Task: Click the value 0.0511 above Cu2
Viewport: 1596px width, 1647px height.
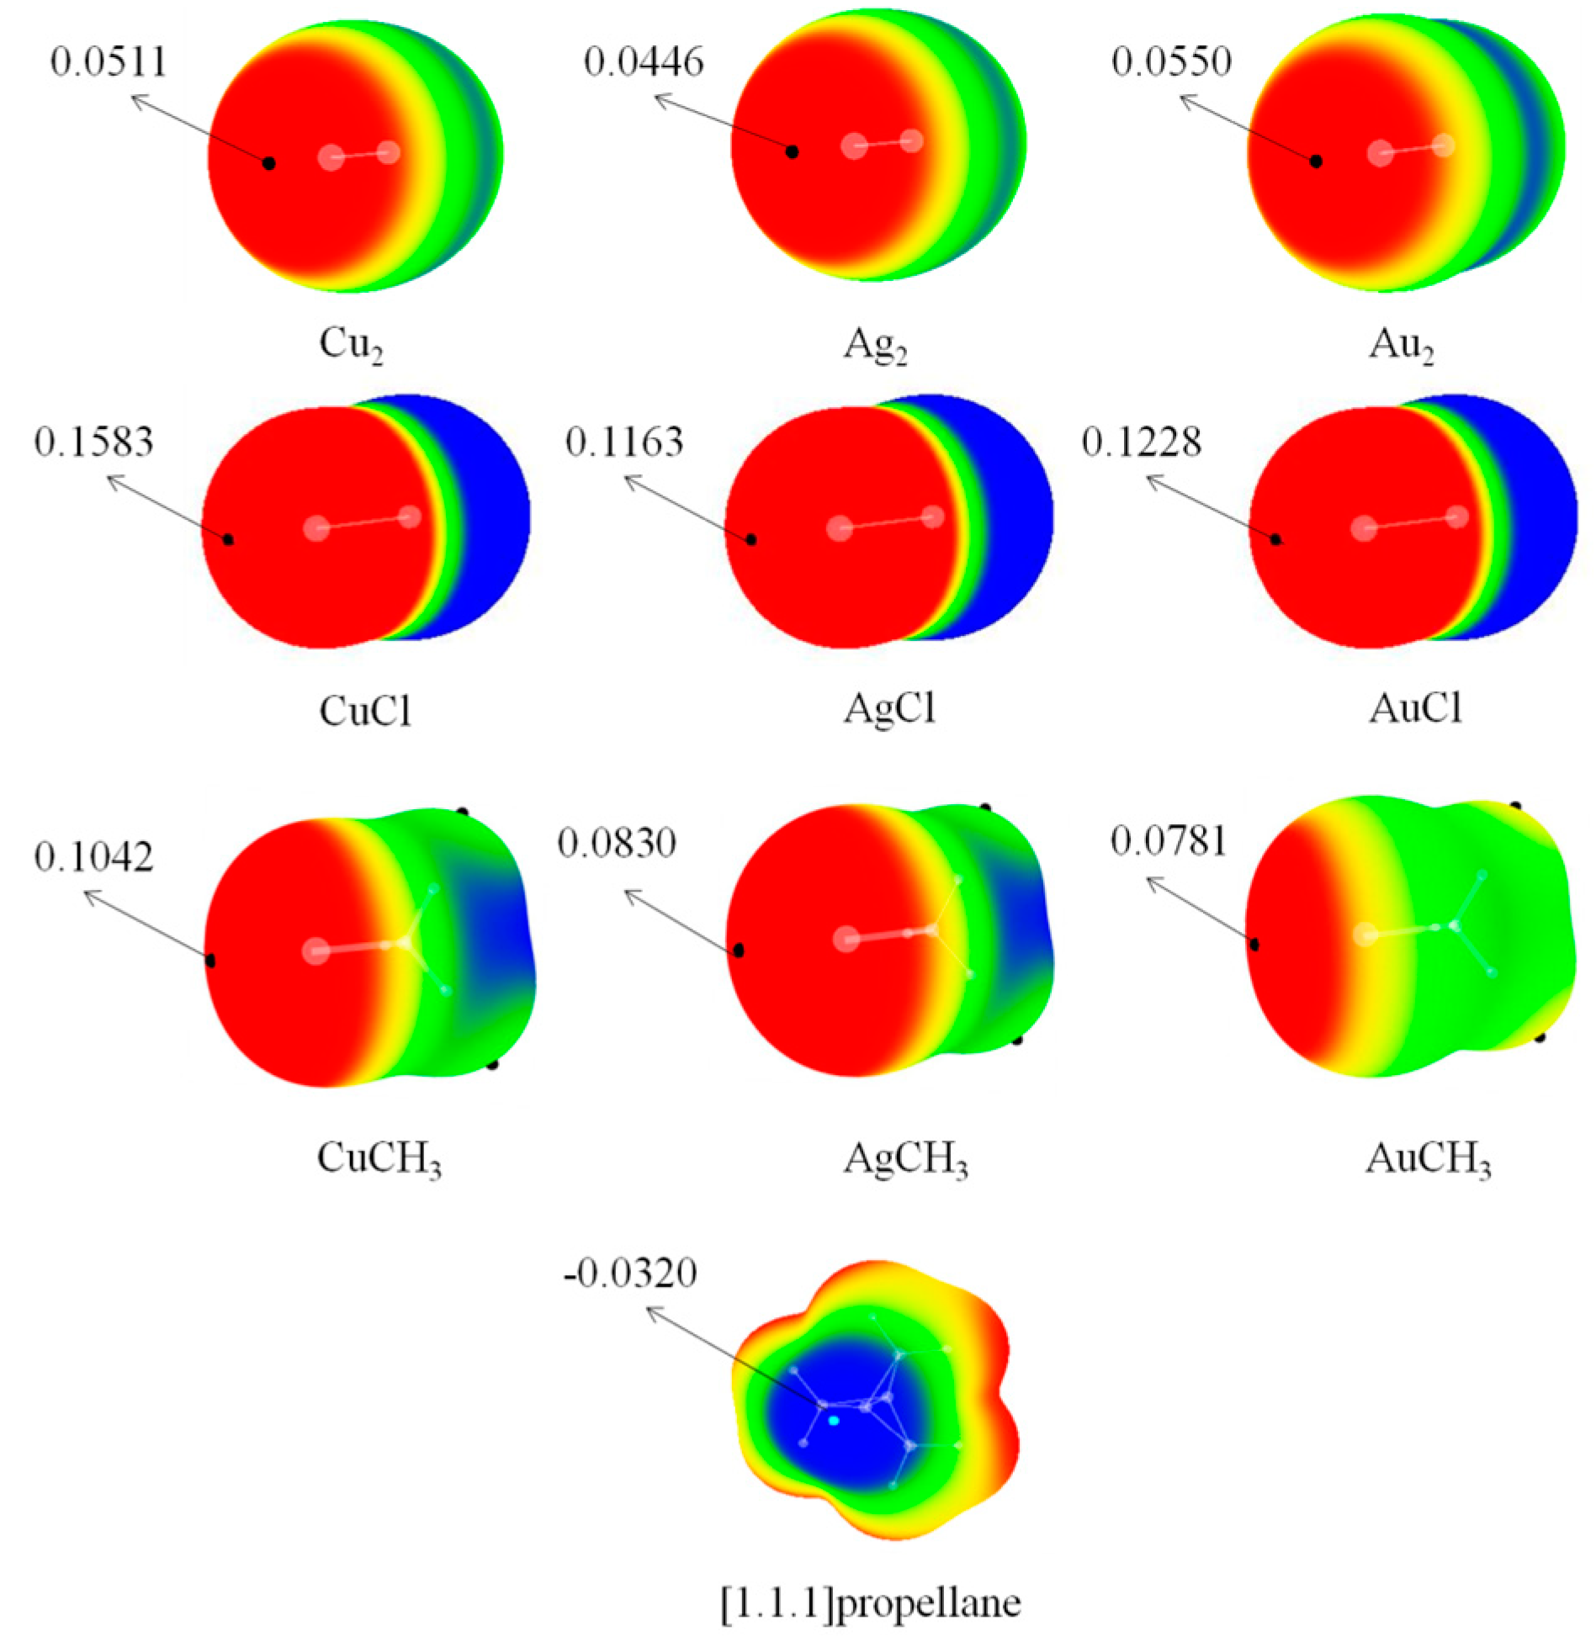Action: click(x=109, y=62)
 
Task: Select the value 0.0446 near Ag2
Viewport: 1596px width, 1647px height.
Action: click(x=644, y=61)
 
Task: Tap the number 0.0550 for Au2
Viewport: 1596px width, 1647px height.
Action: click(x=1171, y=61)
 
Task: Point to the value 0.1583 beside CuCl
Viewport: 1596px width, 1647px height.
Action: click(x=93, y=442)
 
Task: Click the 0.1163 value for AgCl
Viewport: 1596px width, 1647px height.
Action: click(x=624, y=442)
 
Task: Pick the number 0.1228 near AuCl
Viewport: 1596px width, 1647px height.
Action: click(x=1141, y=442)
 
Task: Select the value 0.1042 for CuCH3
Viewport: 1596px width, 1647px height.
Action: click(x=93, y=856)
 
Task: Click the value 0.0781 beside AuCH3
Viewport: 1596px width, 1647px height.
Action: click(x=1169, y=840)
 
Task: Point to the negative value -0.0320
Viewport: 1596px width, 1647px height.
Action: click(x=630, y=1274)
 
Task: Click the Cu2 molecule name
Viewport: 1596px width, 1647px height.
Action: click(x=352, y=345)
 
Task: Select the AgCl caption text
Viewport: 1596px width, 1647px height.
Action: click(x=890, y=709)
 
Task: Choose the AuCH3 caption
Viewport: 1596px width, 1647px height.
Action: click(x=1428, y=1159)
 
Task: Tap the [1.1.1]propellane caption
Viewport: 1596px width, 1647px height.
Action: click(x=871, y=1603)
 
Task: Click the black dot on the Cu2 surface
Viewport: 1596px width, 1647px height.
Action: click(x=269, y=162)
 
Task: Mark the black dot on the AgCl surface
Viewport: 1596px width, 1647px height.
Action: click(x=752, y=539)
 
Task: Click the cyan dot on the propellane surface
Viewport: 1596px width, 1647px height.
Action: click(x=834, y=1420)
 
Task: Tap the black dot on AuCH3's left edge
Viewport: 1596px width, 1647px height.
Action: click(x=1254, y=945)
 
